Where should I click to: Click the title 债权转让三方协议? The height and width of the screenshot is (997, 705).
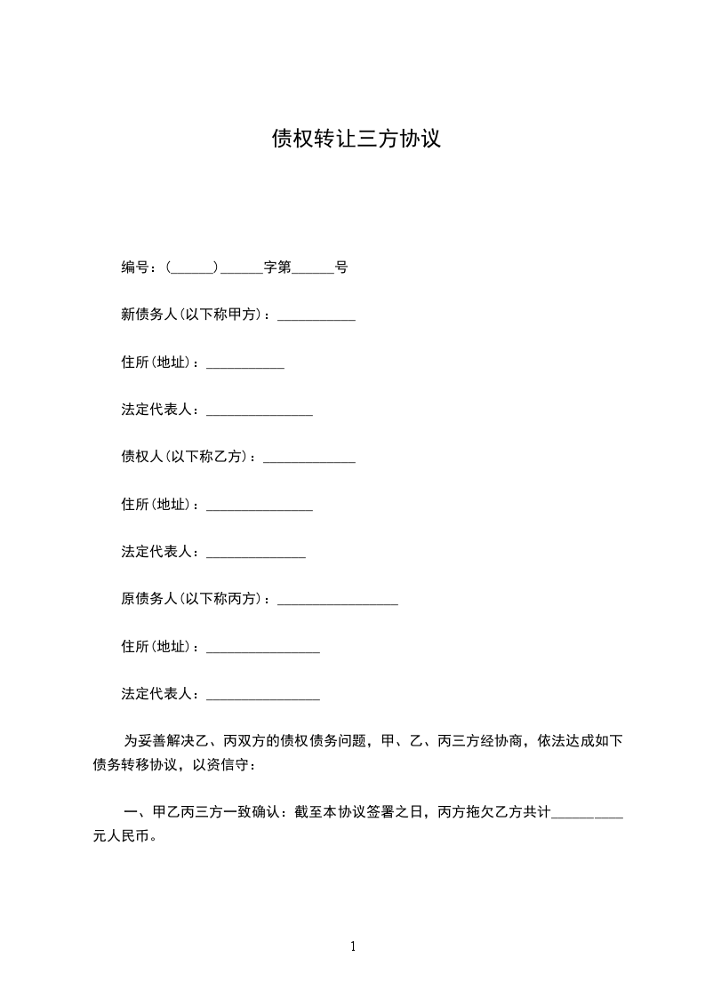(x=357, y=140)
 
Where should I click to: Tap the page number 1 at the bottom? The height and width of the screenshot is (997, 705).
(x=353, y=946)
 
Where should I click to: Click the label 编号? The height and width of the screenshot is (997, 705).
(x=135, y=267)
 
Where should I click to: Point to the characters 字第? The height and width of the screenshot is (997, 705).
(x=277, y=267)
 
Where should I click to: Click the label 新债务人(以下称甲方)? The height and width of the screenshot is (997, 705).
(x=195, y=315)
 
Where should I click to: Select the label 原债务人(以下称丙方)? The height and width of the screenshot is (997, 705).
(x=195, y=600)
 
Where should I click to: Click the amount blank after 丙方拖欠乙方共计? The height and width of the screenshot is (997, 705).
(x=587, y=815)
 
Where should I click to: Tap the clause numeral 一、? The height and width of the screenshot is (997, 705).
(x=135, y=812)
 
